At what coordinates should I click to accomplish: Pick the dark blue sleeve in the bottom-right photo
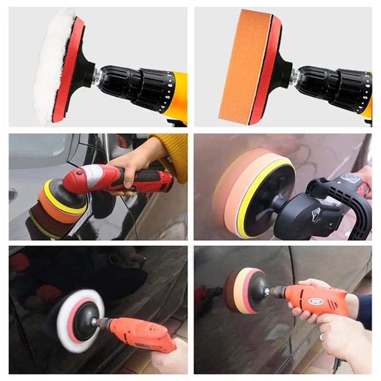click(x=364, y=312)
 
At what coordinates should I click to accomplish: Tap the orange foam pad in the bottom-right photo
click(x=236, y=291)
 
